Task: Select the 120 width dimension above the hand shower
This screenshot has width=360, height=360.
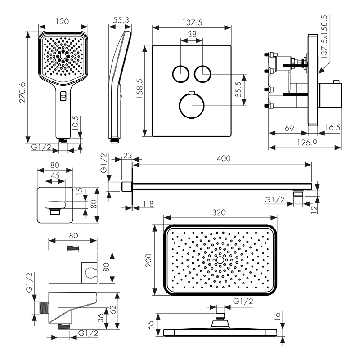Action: (63, 21)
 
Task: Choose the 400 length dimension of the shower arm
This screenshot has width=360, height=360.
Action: (224, 158)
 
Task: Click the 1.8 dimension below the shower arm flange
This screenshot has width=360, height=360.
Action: (147, 204)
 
